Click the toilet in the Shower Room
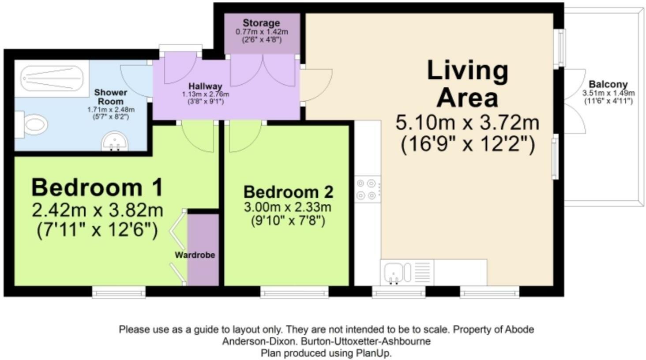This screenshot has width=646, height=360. pyautogui.click(x=31, y=125)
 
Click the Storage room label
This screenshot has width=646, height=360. pyautogui.click(x=261, y=23)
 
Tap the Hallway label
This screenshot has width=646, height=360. pyautogui.click(x=205, y=86)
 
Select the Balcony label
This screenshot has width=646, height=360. pyautogui.click(x=608, y=84)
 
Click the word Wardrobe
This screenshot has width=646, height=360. pyautogui.click(x=195, y=255)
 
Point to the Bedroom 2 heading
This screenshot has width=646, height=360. pyautogui.click(x=289, y=192)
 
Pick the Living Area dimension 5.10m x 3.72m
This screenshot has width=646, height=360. pyautogui.click(x=467, y=123)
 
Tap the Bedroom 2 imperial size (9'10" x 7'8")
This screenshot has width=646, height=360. pyautogui.click(x=288, y=221)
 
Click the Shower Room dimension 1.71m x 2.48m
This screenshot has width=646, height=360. pyautogui.click(x=111, y=110)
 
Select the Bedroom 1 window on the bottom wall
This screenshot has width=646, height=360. pyautogui.click(x=119, y=292)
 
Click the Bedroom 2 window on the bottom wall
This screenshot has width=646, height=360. pyautogui.click(x=294, y=292)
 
